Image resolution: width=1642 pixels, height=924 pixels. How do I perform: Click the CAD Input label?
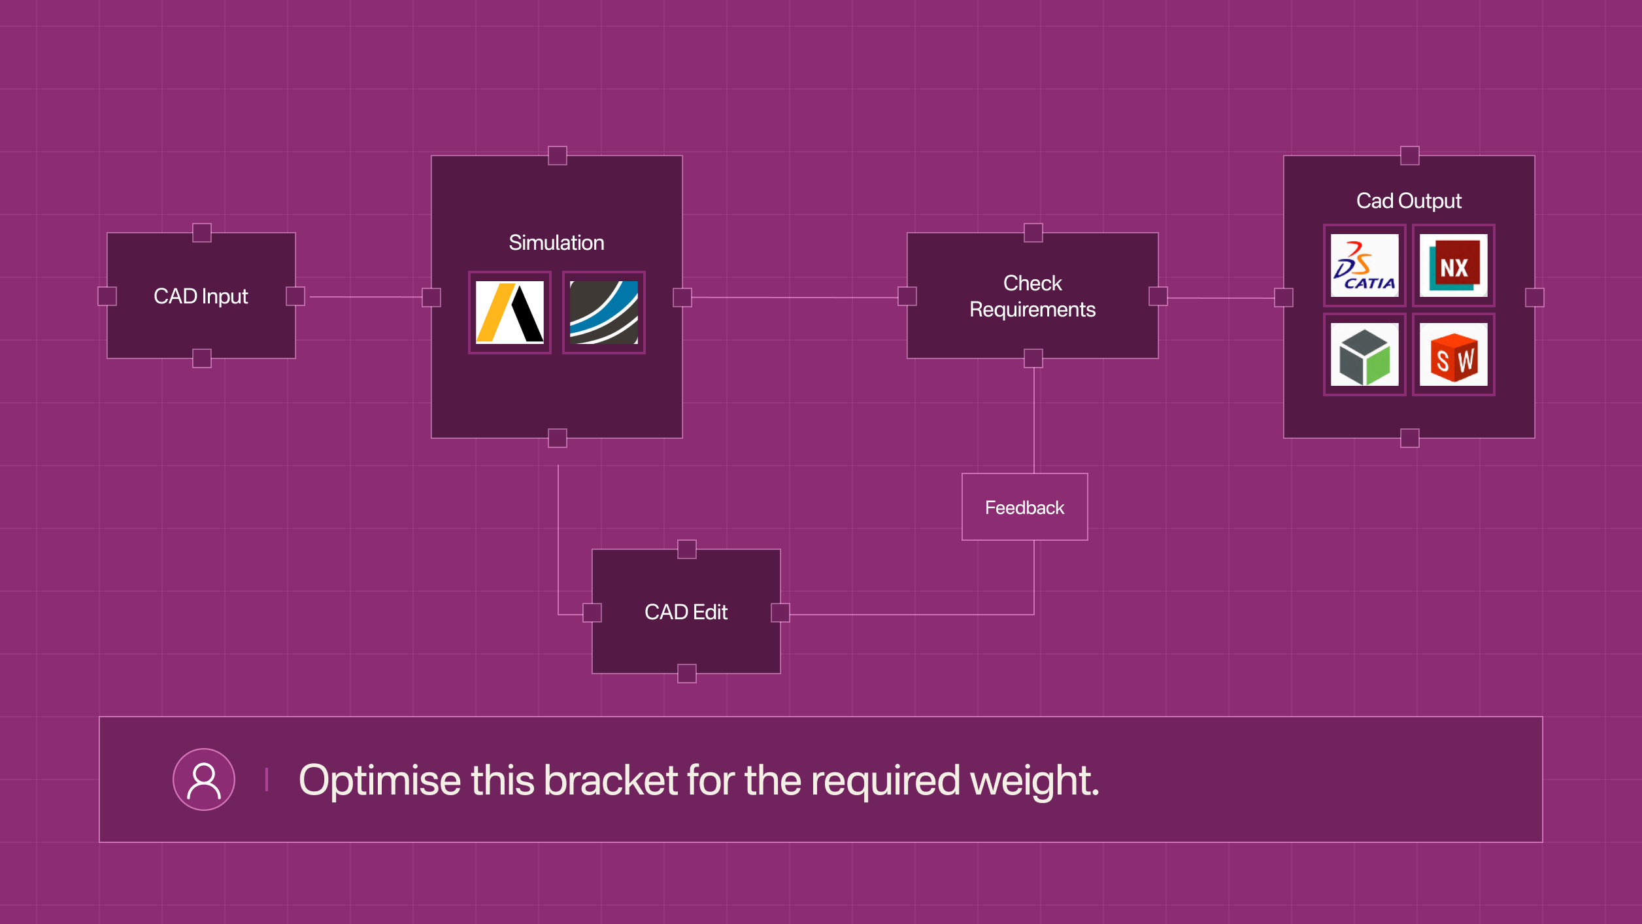pos(201,296)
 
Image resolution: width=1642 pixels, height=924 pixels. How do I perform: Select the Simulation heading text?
pos(556,243)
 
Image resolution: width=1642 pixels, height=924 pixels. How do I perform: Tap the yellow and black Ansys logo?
pos(510,313)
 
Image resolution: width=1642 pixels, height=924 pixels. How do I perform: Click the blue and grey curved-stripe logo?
pos(603,313)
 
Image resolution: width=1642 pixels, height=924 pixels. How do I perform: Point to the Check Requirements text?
pos(1032,296)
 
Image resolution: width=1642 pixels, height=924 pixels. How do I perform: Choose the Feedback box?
pos(1024,507)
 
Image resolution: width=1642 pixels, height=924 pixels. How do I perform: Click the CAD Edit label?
pos(686,612)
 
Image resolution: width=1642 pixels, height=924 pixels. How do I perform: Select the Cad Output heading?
pos(1409,201)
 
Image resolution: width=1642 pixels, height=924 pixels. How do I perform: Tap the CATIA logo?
pos(1364,265)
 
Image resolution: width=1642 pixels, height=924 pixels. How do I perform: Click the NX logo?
pos(1453,265)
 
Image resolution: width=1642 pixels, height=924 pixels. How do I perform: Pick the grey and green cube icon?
pos(1364,355)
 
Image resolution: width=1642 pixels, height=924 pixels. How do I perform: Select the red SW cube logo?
pos(1453,355)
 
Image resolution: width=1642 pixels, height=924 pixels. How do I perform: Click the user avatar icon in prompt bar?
pos(203,779)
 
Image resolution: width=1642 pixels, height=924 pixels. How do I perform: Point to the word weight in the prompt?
pos(1033,780)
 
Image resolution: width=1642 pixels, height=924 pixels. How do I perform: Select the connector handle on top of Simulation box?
pos(557,156)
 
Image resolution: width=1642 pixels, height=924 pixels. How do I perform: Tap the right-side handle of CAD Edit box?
pos(780,613)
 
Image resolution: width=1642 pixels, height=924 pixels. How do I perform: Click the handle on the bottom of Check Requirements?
pos(1033,358)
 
